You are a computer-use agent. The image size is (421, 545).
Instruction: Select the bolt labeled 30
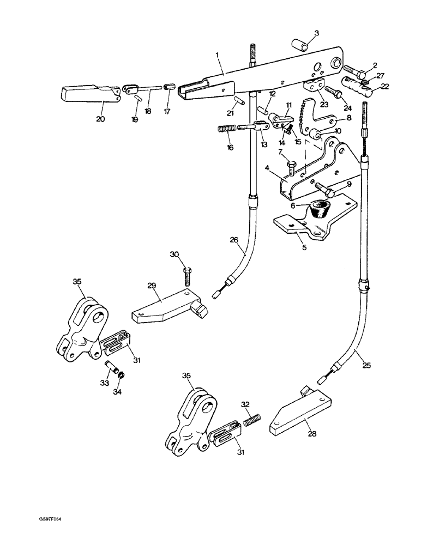pos(188,276)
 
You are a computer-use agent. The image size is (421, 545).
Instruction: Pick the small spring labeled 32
pos(252,421)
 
